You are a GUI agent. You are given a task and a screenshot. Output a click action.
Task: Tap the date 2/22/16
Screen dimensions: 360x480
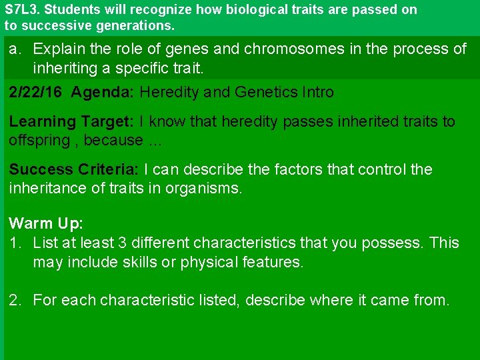pos(36,93)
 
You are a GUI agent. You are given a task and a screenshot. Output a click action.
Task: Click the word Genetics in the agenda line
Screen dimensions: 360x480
pos(265,93)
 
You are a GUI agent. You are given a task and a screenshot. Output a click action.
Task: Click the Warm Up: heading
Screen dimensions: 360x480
pos(46,223)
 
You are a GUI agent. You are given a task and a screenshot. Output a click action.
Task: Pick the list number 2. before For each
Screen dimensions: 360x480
pos(15,301)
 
